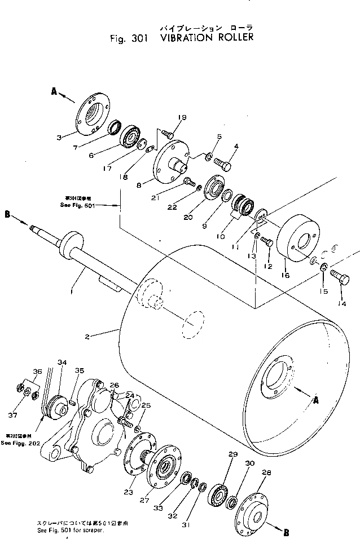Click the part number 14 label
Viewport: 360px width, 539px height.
click(x=342, y=303)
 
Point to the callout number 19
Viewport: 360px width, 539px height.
click(x=181, y=118)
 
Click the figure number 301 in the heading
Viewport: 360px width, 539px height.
click(x=134, y=38)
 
